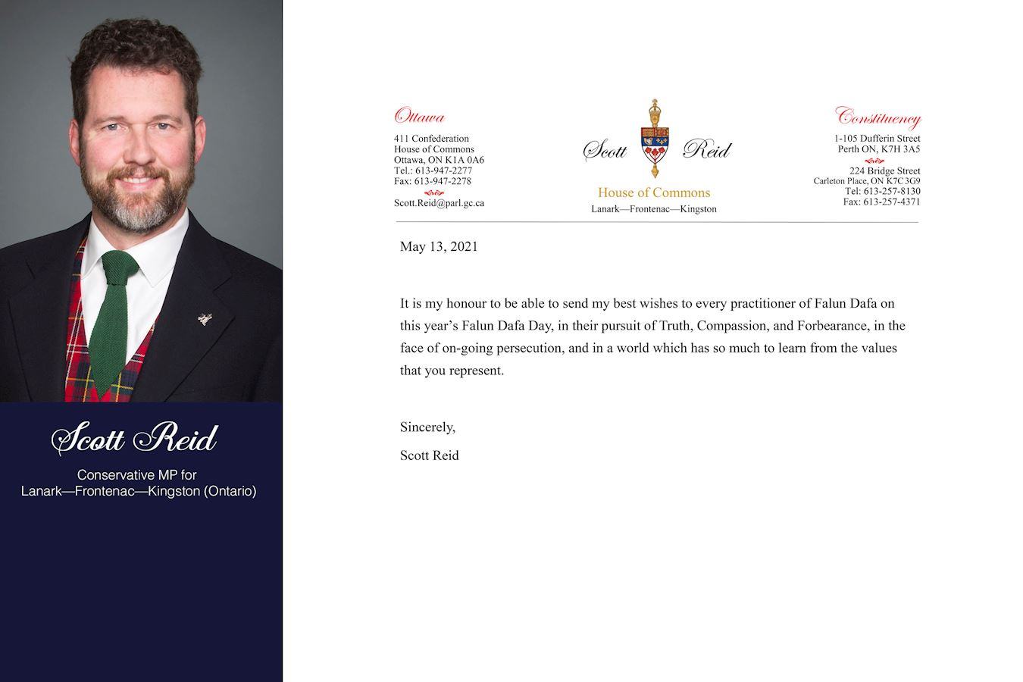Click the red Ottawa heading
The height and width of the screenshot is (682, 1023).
pyautogui.click(x=419, y=117)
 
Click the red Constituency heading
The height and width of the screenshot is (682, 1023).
pyautogui.click(x=878, y=117)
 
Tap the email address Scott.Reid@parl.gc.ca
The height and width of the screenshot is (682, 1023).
pyautogui.click(x=439, y=203)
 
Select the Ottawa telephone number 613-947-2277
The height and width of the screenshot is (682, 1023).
pyautogui.click(x=443, y=170)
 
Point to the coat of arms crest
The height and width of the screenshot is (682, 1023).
pyautogui.click(x=655, y=139)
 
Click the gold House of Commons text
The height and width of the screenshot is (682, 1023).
pyautogui.click(x=654, y=192)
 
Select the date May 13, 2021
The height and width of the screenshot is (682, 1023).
pyautogui.click(x=439, y=246)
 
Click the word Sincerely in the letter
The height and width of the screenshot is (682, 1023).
pyautogui.click(x=427, y=427)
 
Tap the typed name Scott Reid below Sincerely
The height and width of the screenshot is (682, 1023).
pyautogui.click(x=430, y=455)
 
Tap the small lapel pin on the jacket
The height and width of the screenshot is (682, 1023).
pyautogui.click(x=205, y=319)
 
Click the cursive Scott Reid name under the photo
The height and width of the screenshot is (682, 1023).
pyautogui.click(x=135, y=439)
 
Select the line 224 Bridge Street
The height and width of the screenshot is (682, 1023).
pyautogui.click(x=884, y=171)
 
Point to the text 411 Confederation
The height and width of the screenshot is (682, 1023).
pyautogui.click(x=431, y=139)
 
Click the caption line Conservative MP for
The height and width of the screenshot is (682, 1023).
pyautogui.click(x=136, y=475)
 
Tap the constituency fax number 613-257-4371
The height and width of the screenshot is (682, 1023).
pyautogui.click(x=892, y=202)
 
